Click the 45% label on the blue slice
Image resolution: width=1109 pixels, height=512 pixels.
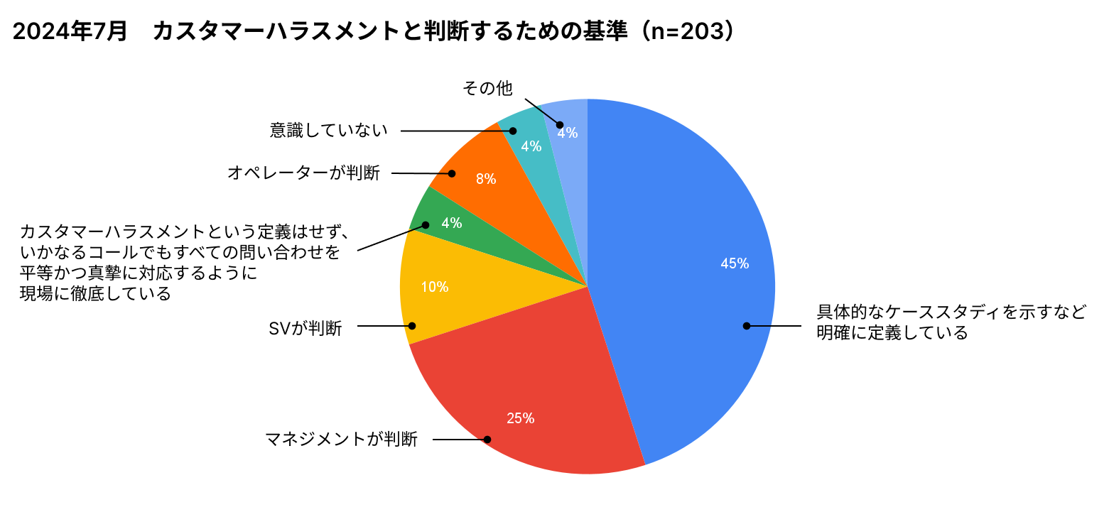click(x=735, y=263)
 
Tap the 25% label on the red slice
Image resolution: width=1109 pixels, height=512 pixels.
click(x=520, y=418)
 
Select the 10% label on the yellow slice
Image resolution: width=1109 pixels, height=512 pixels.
click(x=434, y=287)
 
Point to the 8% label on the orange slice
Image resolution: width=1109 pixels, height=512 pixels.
click(x=486, y=179)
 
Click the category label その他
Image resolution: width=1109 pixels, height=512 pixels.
click(x=487, y=89)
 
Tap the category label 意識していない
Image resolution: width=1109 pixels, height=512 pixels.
click(x=329, y=130)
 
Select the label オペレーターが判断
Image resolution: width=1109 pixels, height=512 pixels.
click(x=304, y=173)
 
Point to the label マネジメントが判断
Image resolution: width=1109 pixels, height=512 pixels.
click(x=341, y=440)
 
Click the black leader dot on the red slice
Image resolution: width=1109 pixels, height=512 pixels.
click(x=487, y=440)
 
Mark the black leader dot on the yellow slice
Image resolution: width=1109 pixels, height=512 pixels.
click(x=412, y=326)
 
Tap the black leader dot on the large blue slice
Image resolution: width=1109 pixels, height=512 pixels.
click(x=747, y=326)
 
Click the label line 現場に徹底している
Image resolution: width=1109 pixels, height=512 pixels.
click(x=96, y=294)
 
